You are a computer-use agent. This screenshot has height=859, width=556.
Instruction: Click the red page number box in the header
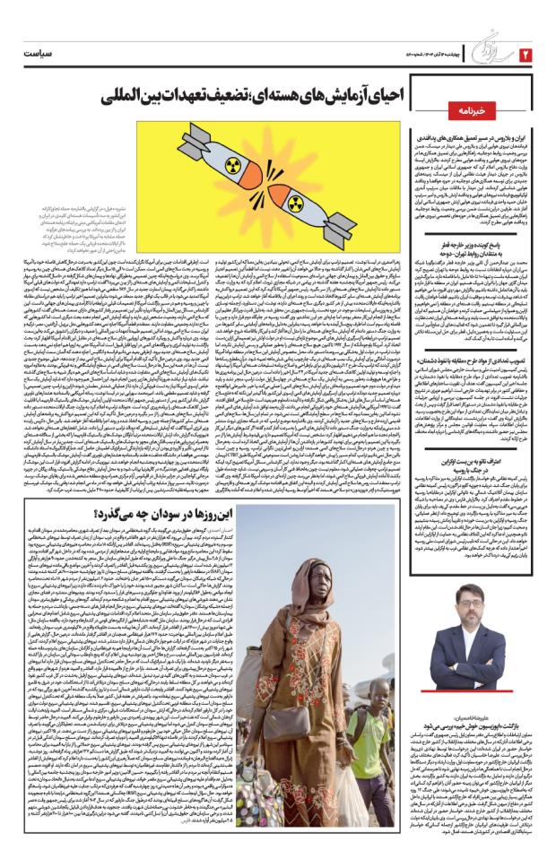pyautogui.click(x=526, y=56)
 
